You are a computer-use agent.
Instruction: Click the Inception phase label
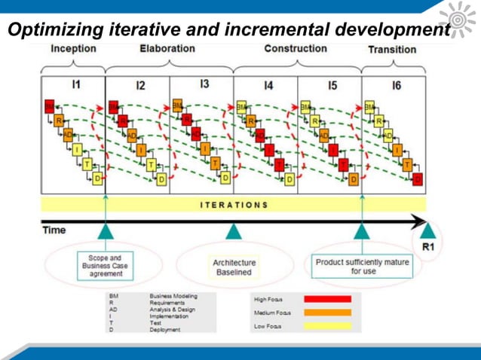73,49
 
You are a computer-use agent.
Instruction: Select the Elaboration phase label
167,49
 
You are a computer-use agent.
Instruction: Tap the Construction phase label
295,49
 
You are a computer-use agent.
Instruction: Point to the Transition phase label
391,50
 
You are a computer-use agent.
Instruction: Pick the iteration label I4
268,85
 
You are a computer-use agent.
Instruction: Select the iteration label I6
396,85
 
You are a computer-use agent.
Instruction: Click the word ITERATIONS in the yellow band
234,204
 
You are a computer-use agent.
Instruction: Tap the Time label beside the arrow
54,230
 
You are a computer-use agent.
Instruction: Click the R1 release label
427,246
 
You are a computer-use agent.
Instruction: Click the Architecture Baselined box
234,267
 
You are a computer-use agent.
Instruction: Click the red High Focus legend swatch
327,299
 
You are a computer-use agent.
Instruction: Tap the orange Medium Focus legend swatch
327,312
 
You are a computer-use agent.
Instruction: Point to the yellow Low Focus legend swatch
327,325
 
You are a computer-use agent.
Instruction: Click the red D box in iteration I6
418,178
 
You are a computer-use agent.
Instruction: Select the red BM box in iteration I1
50,105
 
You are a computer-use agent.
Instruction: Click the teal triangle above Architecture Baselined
234,231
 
